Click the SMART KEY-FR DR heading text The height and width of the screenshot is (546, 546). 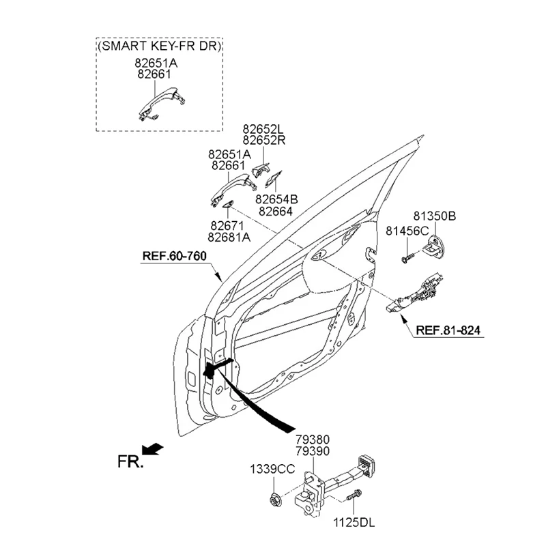(160, 46)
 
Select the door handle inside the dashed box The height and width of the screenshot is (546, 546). (161, 103)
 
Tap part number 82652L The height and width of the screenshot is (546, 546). (263, 129)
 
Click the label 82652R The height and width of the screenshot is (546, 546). (263, 141)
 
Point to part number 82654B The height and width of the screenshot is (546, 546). (276, 199)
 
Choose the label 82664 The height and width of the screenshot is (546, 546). (276, 212)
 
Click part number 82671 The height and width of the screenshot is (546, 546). (227, 226)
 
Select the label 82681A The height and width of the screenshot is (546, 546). (229, 237)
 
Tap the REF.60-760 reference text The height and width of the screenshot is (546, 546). (175, 257)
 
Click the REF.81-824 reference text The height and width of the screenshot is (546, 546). (448, 330)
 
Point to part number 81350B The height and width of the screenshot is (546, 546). (435, 216)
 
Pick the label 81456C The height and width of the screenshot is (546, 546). (407, 231)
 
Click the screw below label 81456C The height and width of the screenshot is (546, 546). (407, 258)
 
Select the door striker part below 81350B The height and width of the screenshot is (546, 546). (434, 246)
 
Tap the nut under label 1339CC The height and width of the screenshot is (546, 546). (274, 500)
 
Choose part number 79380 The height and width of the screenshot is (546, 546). (313, 440)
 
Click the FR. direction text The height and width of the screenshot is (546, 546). (130, 462)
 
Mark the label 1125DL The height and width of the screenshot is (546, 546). (354, 523)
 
